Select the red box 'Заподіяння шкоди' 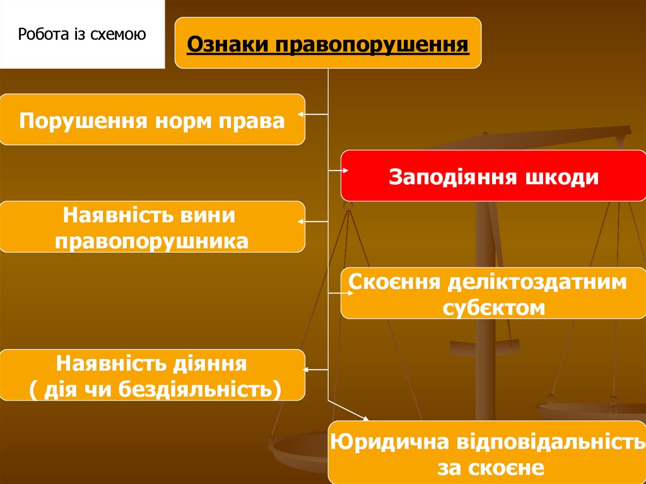click(493, 176)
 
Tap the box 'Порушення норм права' click(152, 119)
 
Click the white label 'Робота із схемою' click(82, 34)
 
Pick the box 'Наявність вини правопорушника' click(152, 227)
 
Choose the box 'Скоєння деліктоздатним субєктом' click(493, 293)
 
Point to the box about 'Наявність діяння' click(152, 375)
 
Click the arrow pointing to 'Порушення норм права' click(313, 115)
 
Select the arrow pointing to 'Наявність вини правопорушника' click(313, 222)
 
